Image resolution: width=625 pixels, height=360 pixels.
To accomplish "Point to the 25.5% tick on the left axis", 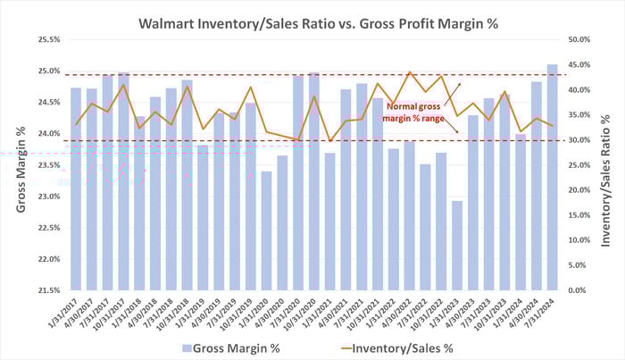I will (x=47, y=40).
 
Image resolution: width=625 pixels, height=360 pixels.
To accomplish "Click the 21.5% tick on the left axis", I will (x=47, y=290).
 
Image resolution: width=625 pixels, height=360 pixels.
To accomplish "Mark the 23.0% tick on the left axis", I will (x=47, y=197).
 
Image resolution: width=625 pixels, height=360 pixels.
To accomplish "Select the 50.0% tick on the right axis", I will (x=580, y=40).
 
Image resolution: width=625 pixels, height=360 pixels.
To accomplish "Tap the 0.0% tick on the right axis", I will (x=580, y=290).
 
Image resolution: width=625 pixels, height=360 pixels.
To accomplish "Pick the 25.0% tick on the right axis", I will (x=580, y=165).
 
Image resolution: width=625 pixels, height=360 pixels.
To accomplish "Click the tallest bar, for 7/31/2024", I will (x=552, y=179).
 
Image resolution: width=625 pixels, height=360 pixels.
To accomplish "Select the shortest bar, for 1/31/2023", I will (x=456, y=246).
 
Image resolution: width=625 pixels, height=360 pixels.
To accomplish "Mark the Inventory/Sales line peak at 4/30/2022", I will (x=409, y=72).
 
